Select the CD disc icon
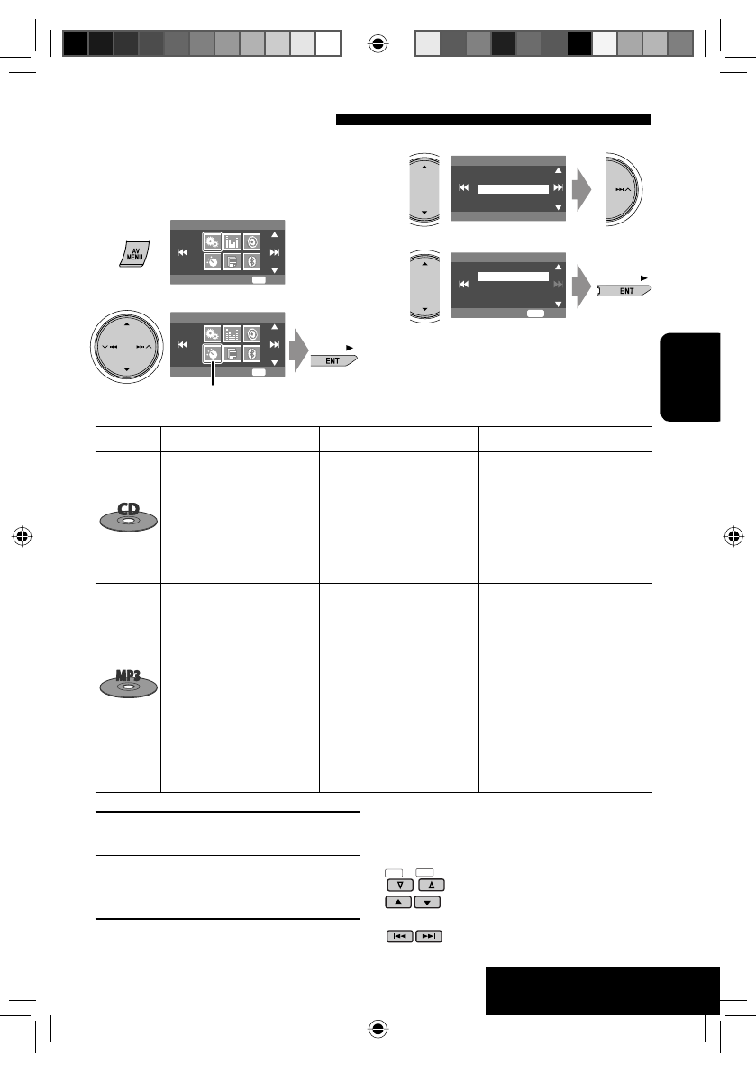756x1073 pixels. click(x=129, y=517)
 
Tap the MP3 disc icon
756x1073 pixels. click(x=129, y=684)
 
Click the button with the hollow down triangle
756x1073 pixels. click(x=400, y=885)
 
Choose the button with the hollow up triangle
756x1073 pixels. click(x=432, y=885)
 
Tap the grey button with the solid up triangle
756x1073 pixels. click(x=398, y=902)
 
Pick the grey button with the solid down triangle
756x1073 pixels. click(x=428, y=902)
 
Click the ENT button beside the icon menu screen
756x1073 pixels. click(x=334, y=360)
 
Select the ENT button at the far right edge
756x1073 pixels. click(x=624, y=291)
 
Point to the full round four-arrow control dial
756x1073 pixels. click(x=126, y=346)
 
